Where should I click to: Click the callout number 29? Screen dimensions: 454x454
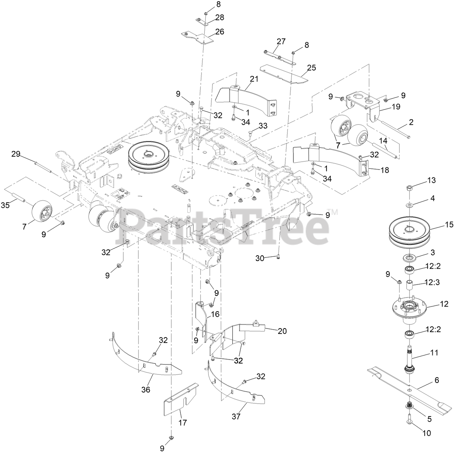coord(16,154)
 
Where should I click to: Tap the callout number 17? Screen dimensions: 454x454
coord(183,422)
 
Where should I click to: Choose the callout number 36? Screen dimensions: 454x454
coord(146,389)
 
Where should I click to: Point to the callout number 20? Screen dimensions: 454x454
coord(282,331)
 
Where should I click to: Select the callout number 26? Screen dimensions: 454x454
coord(219,32)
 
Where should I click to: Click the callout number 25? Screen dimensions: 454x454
coord(311,67)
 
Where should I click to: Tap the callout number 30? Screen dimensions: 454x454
coord(260,258)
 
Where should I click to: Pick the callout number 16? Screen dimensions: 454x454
coord(215,314)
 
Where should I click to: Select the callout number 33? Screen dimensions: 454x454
coord(263,126)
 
